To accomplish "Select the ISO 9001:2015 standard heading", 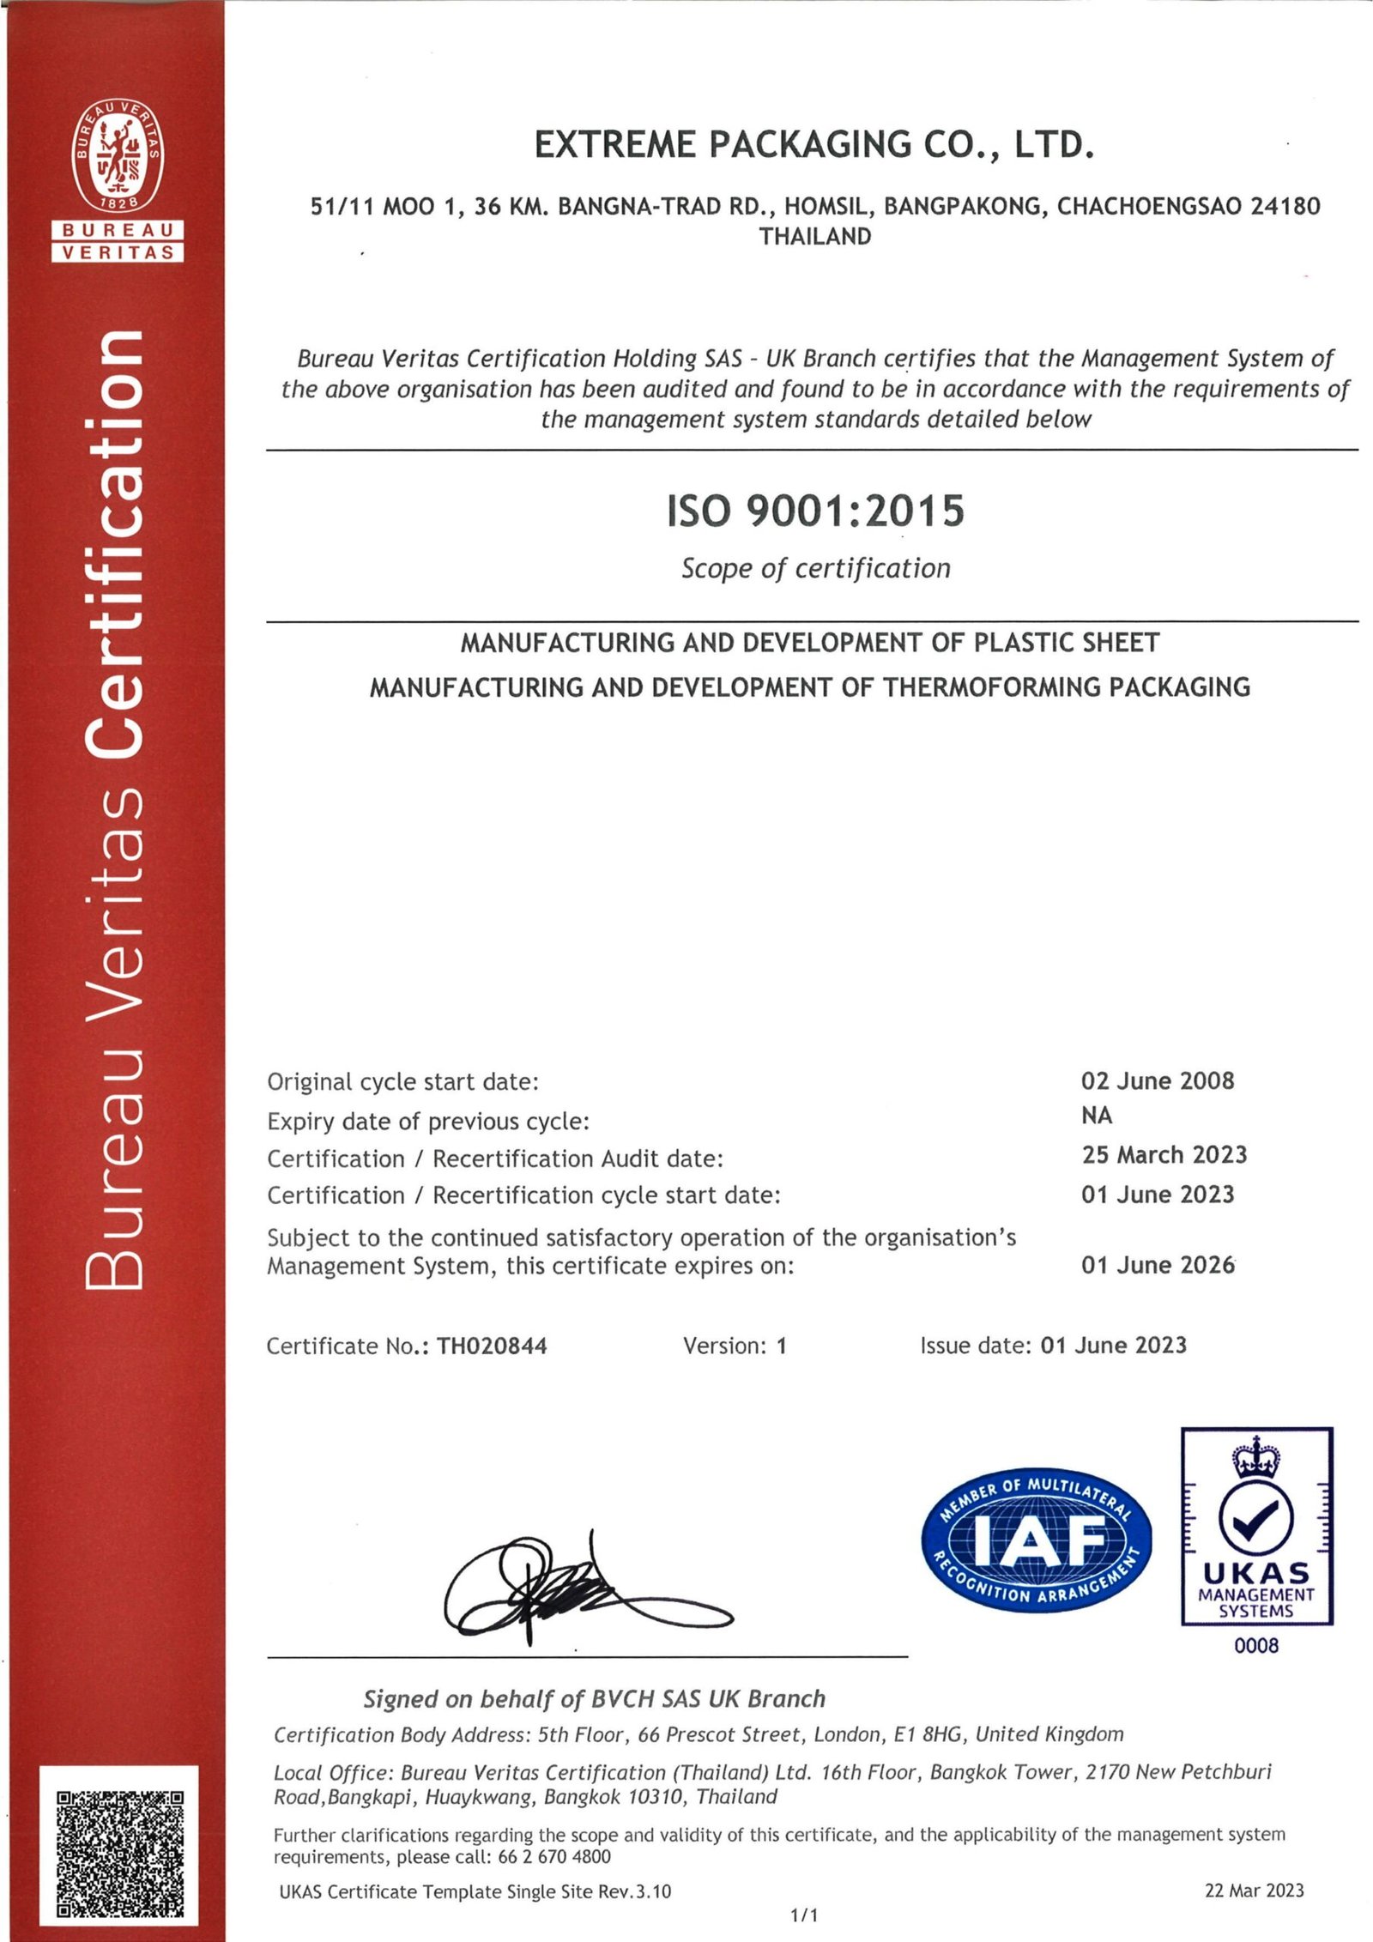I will (815, 511).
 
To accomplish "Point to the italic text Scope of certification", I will (815, 568).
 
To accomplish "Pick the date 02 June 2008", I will (1157, 1080).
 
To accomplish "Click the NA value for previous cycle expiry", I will (1096, 1116).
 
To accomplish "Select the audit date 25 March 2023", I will (1164, 1155).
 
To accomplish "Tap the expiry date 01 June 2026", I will (1157, 1265).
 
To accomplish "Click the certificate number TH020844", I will (492, 1346).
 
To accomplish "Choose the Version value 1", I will (781, 1346).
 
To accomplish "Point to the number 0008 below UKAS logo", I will (1255, 1646).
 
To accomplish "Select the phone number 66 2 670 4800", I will (554, 1857).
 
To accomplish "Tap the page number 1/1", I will (804, 1915).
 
